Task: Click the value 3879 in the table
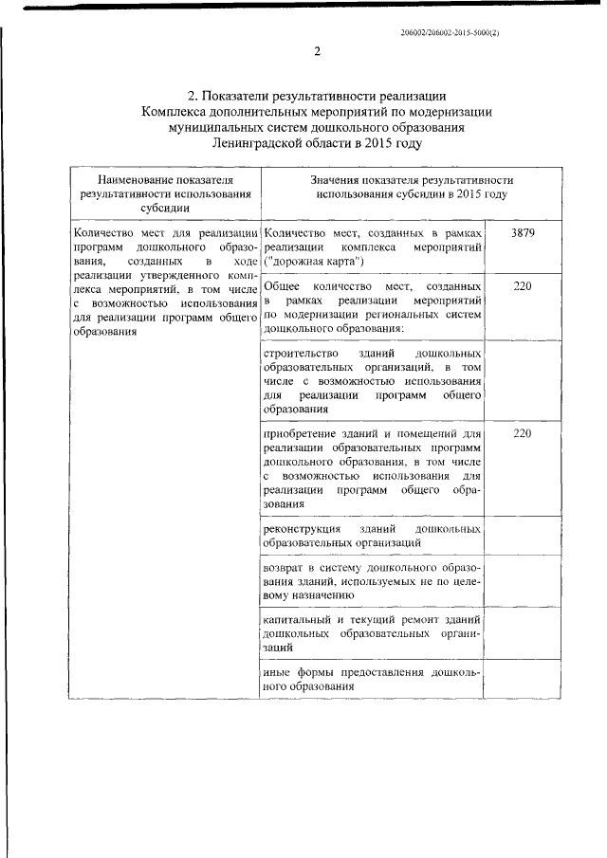523,233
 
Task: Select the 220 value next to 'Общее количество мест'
523,285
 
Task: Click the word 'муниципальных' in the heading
217,127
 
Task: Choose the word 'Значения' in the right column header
333,178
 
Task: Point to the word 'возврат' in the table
283,567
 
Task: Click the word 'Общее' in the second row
282,285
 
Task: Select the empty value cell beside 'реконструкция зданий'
523,534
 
